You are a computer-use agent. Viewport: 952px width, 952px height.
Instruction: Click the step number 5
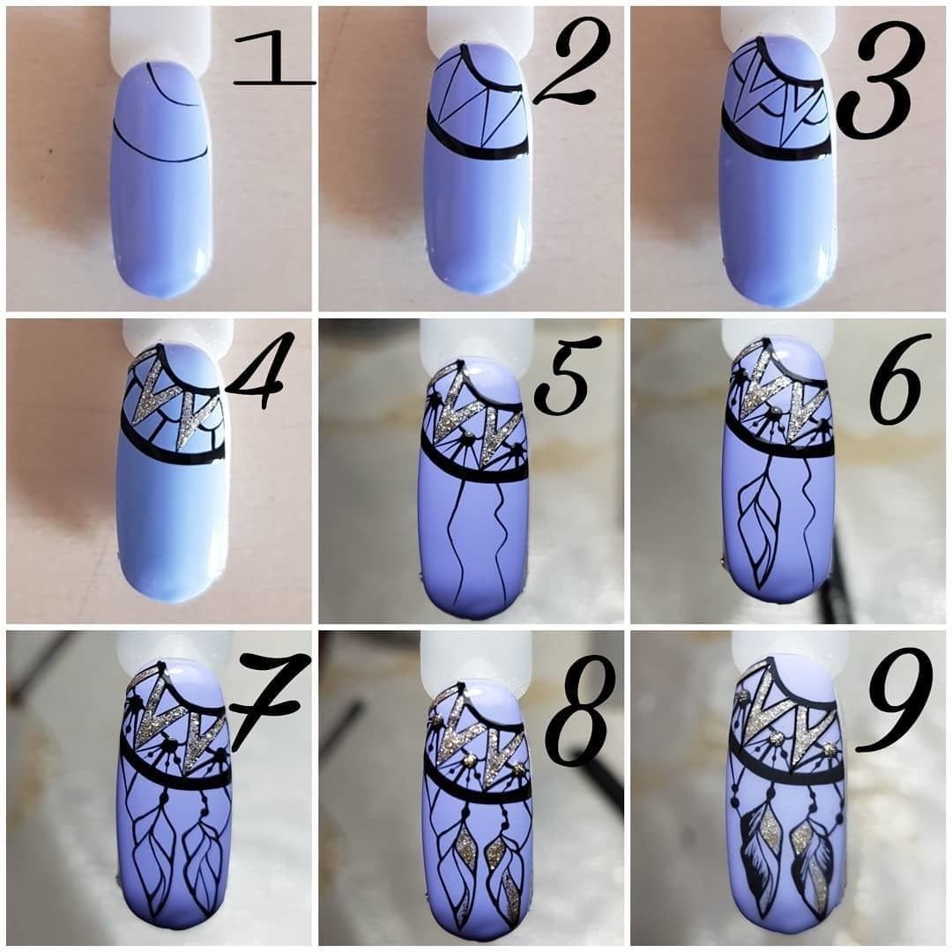(562, 375)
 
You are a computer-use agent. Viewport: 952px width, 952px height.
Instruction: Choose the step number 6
(896, 377)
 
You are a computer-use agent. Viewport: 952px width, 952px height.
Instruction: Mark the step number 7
(267, 698)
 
